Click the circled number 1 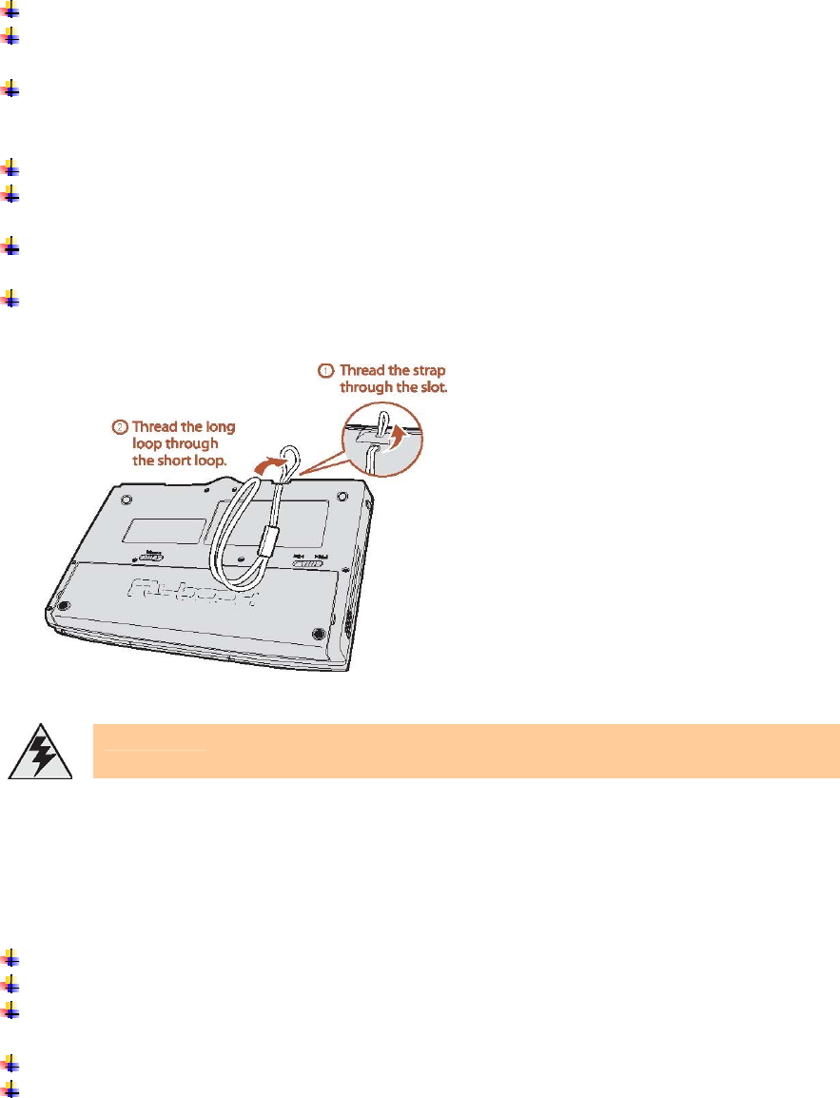point(326,369)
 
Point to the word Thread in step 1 point(361,369)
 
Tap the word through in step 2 point(191,443)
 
